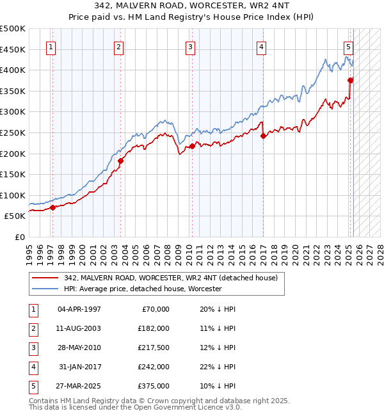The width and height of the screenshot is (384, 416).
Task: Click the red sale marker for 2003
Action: (x=120, y=161)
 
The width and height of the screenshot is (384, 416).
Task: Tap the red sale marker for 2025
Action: (x=350, y=80)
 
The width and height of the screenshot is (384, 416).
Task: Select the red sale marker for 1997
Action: (x=52, y=207)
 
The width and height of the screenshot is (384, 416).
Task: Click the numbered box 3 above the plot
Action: (x=191, y=46)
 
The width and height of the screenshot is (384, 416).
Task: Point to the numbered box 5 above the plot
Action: (x=348, y=46)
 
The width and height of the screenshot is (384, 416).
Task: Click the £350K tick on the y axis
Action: (x=13, y=91)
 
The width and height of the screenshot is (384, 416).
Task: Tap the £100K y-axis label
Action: (x=13, y=195)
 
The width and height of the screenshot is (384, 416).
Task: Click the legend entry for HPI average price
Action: (x=142, y=289)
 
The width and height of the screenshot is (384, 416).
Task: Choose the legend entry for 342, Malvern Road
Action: (x=170, y=278)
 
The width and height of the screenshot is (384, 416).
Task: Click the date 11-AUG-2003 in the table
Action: (x=79, y=328)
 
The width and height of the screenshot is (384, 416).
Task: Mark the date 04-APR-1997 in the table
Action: (x=79, y=309)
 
